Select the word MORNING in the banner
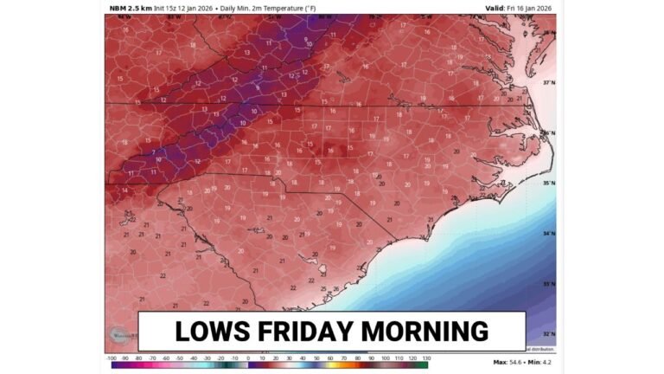click(x=423, y=331)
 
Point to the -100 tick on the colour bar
click(x=111, y=357)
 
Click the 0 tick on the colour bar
click(x=248, y=357)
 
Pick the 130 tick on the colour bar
click(x=425, y=357)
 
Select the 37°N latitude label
click(x=548, y=83)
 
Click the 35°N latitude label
click(x=548, y=184)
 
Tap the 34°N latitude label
click(x=548, y=234)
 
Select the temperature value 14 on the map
click(x=124, y=190)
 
